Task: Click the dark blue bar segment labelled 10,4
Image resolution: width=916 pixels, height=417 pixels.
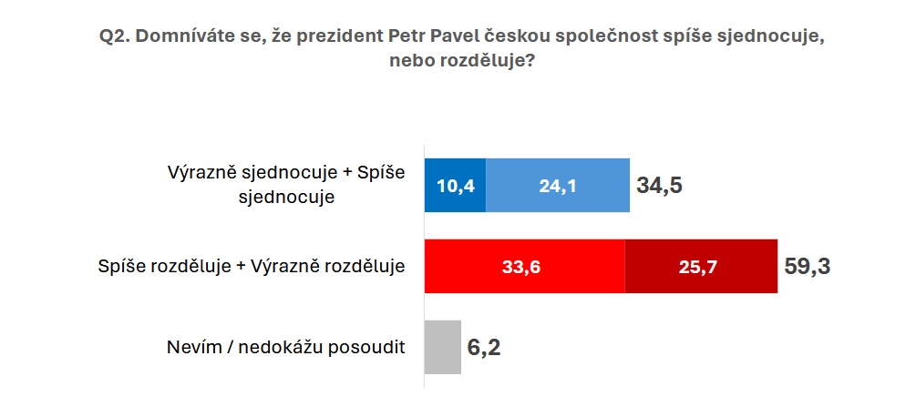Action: [455, 186]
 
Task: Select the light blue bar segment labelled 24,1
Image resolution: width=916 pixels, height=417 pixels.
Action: [558, 186]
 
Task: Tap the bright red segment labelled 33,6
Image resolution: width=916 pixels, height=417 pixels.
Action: [525, 266]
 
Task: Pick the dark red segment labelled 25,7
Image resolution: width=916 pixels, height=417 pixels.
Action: [701, 266]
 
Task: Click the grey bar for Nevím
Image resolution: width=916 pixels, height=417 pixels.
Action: [443, 347]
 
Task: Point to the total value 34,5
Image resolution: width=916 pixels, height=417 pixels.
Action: [660, 186]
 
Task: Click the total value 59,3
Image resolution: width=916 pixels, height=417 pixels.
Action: [807, 267]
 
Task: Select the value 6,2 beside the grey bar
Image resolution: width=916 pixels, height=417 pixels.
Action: [484, 348]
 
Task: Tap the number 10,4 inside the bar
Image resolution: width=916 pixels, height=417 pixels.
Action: [455, 186]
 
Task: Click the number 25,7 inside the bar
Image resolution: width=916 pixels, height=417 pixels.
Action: [701, 267]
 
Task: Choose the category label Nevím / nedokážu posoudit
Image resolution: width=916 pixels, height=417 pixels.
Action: [286, 347]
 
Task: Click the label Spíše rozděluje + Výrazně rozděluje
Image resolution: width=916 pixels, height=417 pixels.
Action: [252, 267]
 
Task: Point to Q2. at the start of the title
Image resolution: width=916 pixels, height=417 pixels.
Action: [115, 36]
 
